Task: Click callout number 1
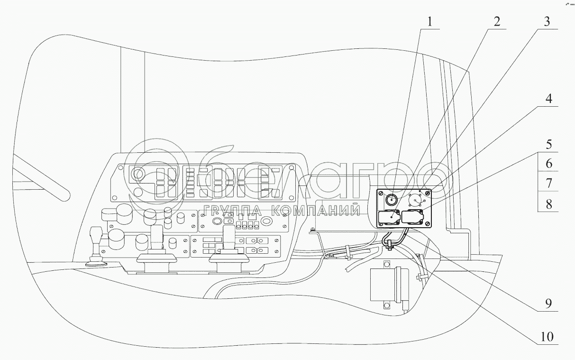click(429, 21)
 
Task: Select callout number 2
click(496, 21)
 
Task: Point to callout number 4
click(548, 99)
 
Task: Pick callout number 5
click(548, 143)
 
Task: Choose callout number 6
click(548, 163)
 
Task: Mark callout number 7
click(548, 183)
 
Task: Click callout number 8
click(548, 204)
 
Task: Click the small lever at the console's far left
click(96, 244)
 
